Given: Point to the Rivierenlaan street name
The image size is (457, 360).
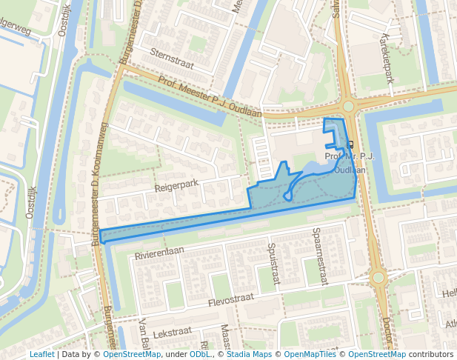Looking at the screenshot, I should pyautogui.click(x=159, y=253).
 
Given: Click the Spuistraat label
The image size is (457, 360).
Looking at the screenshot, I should pyautogui.click(x=272, y=257).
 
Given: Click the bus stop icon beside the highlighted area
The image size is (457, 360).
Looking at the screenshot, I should pyautogui.click(x=350, y=144).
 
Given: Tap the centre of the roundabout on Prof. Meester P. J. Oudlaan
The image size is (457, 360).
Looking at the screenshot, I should pyautogui.click(x=347, y=105).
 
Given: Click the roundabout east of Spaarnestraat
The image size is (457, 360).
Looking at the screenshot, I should pyautogui.click(x=378, y=278).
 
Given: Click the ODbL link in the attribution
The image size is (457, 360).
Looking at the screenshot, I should pyautogui.click(x=199, y=354).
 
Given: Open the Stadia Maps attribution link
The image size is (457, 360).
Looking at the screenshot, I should pyautogui.click(x=249, y=354).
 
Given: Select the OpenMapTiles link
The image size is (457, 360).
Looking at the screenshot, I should pyautogui.click(x=310, y=354).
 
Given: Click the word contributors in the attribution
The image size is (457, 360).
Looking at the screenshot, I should pyautogui.click(x=431, y=354).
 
